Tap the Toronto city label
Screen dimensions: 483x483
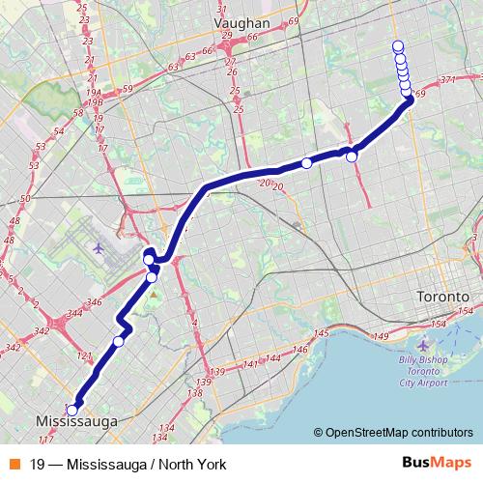(x=441, y=296)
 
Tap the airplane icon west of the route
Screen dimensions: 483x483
(x=99, y=247)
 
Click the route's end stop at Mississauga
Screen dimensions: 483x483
(x=72, y=409)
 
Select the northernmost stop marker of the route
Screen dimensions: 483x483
(x=397, y=45)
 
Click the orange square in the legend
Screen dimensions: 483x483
(x=14, y=463)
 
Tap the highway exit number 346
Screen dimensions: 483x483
(x=95, y=303)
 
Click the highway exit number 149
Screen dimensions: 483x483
(x=380, y=336)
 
